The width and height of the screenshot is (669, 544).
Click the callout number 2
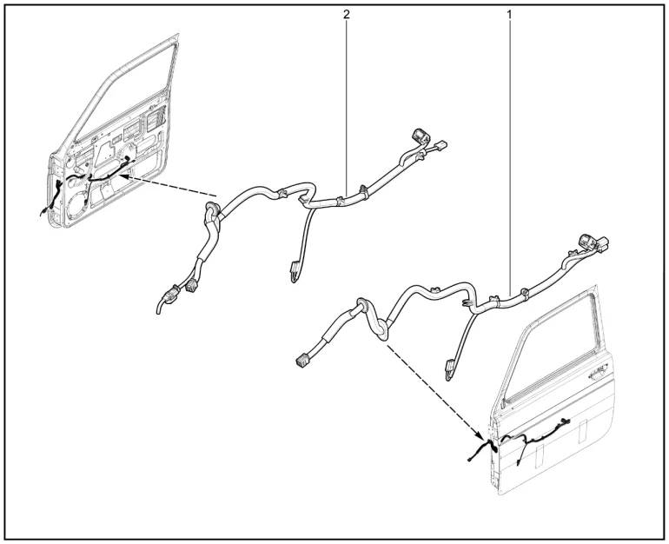tap(346, 14)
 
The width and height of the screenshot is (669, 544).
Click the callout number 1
tap(508, 14)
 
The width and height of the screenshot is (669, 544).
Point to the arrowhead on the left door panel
tap(123, 176)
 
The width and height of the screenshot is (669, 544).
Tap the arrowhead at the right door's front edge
tap(480, 437)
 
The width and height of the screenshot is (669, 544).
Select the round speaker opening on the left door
tap(78, 207)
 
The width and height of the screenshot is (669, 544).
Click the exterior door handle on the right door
tap(598, 374)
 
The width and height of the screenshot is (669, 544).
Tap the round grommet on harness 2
tap(212, 209)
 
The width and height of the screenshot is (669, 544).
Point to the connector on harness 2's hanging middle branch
tap(294, 272)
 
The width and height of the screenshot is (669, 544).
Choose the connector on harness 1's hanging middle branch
tap(449, 370)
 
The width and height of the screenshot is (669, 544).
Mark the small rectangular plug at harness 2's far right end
tap(441, 145)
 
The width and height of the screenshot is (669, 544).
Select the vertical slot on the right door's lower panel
tap(583, 431)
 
